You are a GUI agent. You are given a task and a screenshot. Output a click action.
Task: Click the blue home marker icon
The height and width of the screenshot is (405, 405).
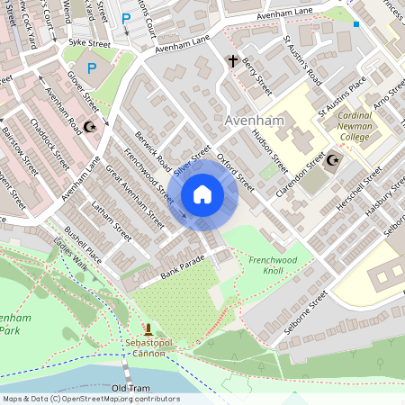click(x=202, y=194)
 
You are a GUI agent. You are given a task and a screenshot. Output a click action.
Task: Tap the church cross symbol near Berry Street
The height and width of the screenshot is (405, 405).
click(x=233, y=62)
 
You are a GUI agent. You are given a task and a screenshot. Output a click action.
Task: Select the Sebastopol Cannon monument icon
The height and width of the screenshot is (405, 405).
click(x=148, y=330)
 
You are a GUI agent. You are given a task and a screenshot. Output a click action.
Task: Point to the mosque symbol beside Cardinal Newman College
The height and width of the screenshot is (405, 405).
click(x=333, y=161)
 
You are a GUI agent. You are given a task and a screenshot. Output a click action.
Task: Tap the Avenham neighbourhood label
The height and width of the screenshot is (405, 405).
click(x=255, y=121)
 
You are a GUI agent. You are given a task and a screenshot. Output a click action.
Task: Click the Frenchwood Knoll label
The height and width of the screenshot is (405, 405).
click(x=279, y=265)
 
